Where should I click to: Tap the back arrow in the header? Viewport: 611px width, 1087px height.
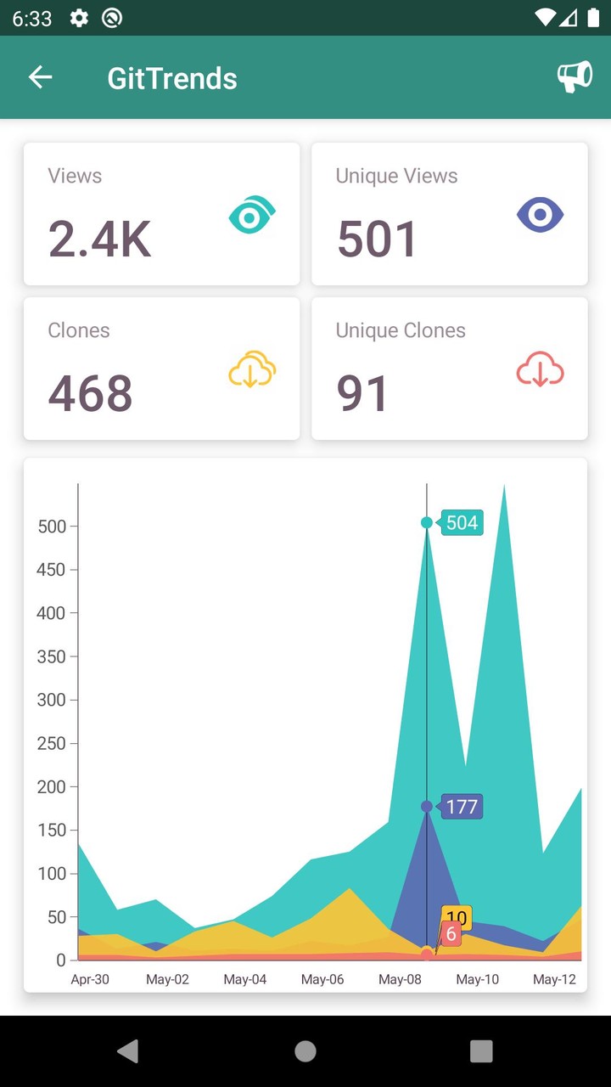pyautogui.click(x=40, y=77)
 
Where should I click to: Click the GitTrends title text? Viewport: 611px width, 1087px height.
pyautogui.click(x=172, y=78)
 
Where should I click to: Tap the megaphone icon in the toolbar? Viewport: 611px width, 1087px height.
pyautogui.click(x=574, y=77)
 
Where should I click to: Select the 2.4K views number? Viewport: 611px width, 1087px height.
pyautogui.click(x=99, y=239)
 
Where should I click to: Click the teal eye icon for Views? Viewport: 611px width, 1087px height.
pyautogui.click(x=252, y=215)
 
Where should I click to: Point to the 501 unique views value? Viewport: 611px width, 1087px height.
pyautogui.click(x=377, y=239)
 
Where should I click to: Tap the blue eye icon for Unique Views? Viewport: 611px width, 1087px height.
pyautogui.click(x=541, y=215)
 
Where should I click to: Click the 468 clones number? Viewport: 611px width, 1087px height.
pyautogui.click(x=90, y=393)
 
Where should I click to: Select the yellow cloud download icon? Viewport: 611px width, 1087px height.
pyautogui.click(x=252, y=371)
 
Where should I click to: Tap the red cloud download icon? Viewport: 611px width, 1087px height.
pyautogui.click(x=541, y=371)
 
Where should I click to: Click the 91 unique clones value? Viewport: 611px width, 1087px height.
pyautogui.click(x=362, y=393)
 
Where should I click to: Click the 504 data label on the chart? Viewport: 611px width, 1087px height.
pyautogui.click(x=462, y=522)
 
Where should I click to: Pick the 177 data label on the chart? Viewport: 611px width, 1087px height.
pyautogui.click(x=462, y=806)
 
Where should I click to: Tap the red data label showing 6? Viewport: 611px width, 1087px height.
pyautogui.click(x=451, y=935)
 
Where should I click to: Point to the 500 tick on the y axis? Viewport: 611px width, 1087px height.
pyautogui.click(x=52, y=527)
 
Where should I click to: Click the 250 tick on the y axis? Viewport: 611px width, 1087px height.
pyautogui.click(x=52, y=743)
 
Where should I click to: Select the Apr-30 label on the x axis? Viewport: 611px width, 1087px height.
pyautogui.click(x=90, y=979)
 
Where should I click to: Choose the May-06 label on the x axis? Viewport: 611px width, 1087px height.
pyautogui.click(x=322, y=979)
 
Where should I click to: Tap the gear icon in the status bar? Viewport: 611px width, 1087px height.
pyautogui.click(x=79, y=18)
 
